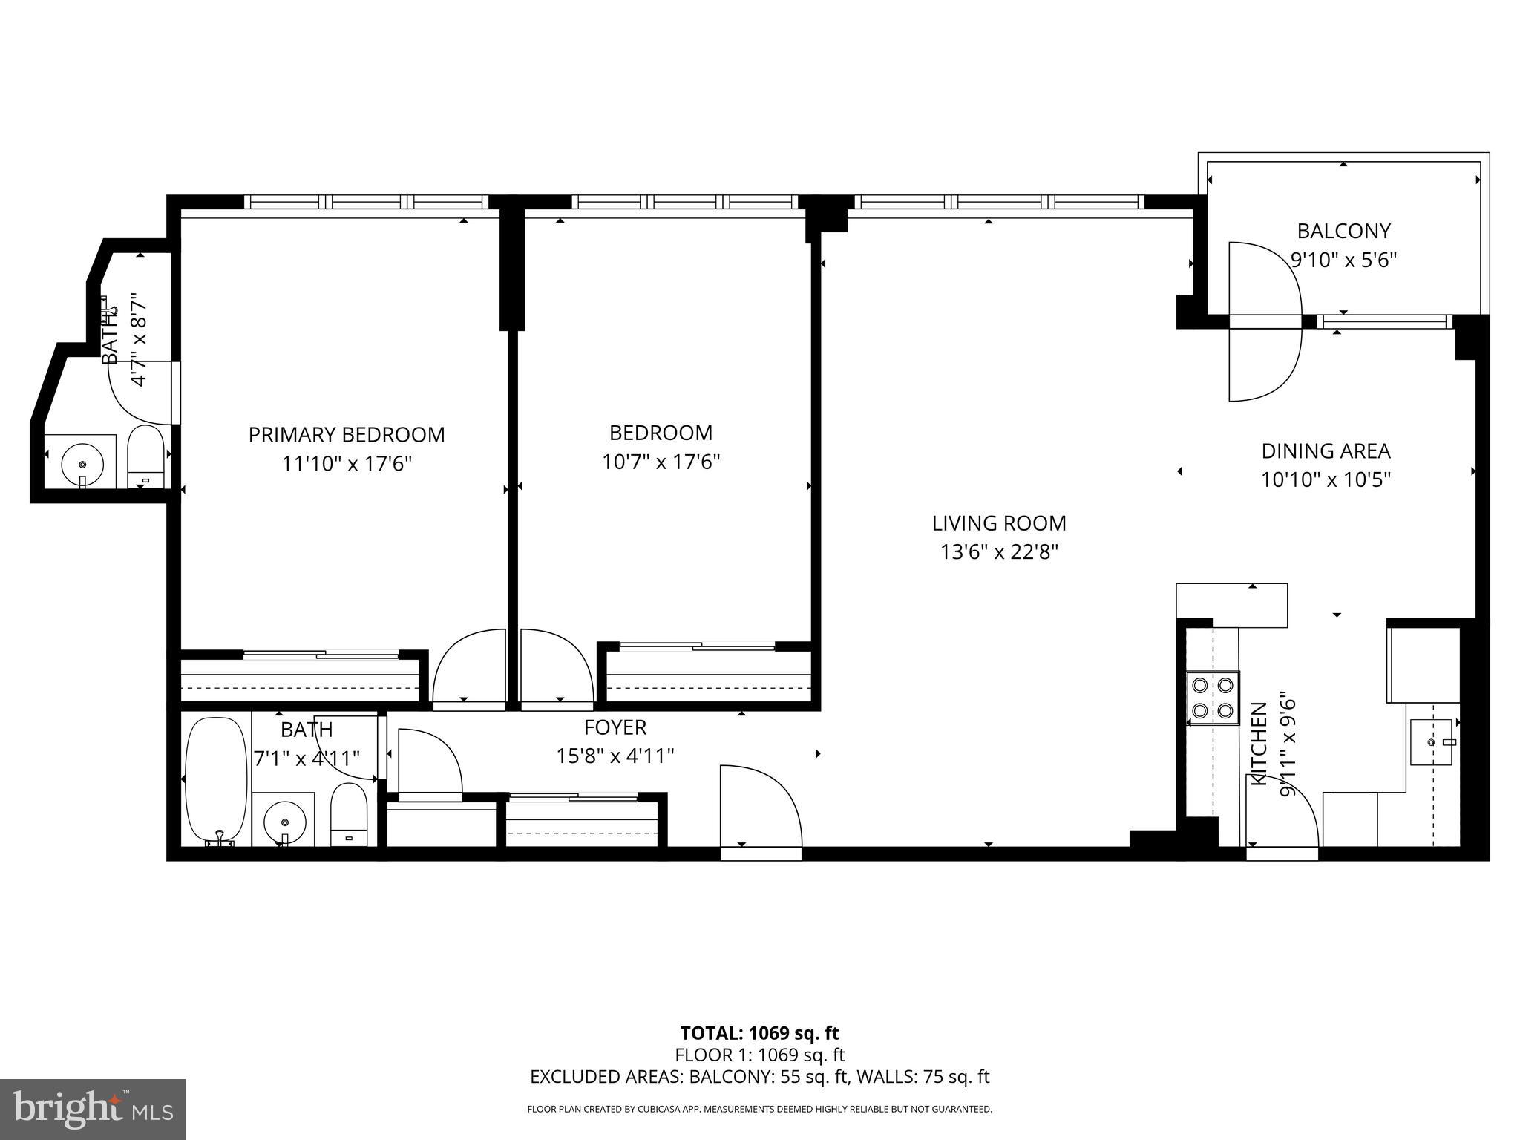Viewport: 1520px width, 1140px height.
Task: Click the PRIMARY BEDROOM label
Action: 347,434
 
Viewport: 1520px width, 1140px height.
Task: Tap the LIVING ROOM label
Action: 999,523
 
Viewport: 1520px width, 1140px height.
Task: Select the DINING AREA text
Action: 1326,451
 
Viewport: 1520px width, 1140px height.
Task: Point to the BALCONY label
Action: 1343,231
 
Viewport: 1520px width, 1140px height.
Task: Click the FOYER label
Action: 615,727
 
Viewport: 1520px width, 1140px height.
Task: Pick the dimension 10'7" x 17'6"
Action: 661,462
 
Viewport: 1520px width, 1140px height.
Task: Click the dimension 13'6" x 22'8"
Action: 999,553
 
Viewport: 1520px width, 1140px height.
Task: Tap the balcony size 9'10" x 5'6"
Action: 1343,261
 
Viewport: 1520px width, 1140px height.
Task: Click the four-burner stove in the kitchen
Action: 1213,698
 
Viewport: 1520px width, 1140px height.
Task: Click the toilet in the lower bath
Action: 349,814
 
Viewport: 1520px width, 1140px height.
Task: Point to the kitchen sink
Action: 1432,741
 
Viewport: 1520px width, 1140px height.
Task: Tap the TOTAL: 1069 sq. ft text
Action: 759,1033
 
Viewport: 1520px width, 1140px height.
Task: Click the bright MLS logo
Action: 93,1110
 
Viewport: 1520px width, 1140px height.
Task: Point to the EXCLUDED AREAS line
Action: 759,1077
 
